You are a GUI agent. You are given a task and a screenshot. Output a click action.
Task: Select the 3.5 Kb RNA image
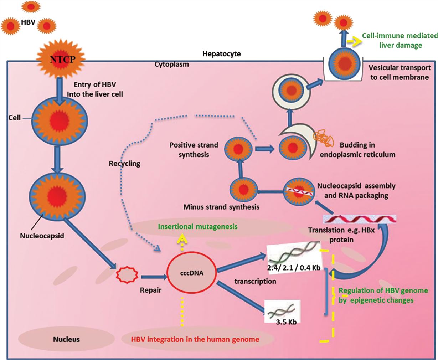(282, 311)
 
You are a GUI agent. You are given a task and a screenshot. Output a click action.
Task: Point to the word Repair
(150, 290)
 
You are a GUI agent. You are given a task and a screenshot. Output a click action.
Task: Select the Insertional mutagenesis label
(197, 226)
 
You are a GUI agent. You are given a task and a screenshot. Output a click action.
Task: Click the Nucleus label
(66, 339)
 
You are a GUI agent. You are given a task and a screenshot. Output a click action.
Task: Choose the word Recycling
(124, 164)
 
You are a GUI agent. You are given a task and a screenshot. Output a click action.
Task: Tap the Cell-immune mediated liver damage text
(400, 40)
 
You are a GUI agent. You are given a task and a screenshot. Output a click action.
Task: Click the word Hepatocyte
(221, 54)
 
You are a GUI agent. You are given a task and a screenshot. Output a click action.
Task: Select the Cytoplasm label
(171, 65)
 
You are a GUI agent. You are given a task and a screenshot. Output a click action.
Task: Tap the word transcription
(255, 281)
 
